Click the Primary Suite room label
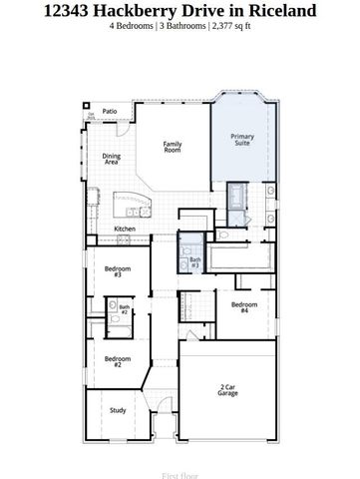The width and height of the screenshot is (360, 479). click(241, 140)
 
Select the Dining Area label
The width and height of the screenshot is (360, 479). click(111, 159)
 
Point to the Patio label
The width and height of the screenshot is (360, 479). click(111, 111)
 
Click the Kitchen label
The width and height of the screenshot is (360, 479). click(125, 229)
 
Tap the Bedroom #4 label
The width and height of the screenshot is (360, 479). click(243, 307)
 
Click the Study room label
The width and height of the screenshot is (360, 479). click(117, 410)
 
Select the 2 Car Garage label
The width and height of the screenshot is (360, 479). click(228, 390)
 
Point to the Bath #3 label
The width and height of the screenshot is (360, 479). click(195, 262)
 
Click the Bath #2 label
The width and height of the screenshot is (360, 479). click(125, 310)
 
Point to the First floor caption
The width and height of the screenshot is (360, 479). click(180, 464)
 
